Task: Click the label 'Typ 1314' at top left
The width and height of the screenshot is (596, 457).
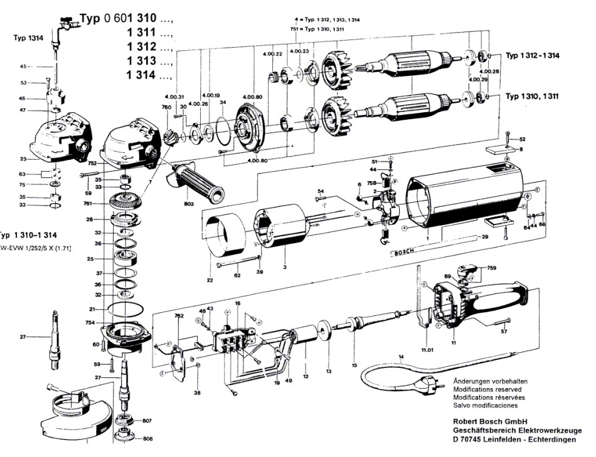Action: (28, 38)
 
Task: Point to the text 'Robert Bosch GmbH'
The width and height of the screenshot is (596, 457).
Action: (490, 421)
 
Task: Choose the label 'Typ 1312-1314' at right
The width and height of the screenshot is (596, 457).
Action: (533, 56)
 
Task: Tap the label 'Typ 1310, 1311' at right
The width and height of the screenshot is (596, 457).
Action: (533, 97)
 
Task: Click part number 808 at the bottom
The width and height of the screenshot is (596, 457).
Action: (147, 439)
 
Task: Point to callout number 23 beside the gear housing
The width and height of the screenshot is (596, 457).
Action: (23, 159)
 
